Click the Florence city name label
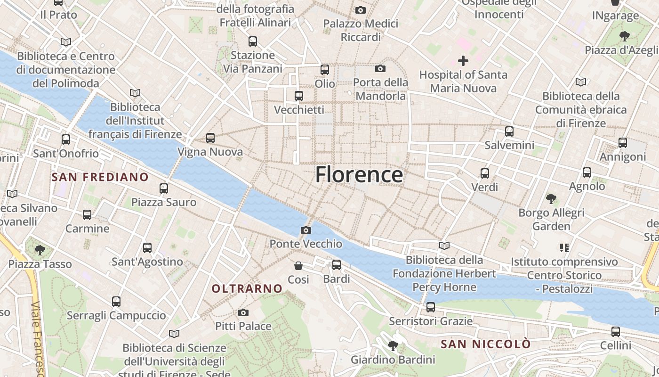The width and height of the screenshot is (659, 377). [359, 174]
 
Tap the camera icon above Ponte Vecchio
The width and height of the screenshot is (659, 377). [306, 230]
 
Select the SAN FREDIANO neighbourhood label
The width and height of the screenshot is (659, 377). [100, 177]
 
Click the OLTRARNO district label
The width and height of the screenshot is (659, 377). [247, 288]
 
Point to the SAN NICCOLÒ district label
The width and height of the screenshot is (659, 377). [485, 344]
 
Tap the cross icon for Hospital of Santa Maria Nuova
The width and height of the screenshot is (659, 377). [463, 61]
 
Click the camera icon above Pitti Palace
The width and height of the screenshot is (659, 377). [243, 312]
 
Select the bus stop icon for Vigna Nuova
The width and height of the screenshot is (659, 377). [210, 138]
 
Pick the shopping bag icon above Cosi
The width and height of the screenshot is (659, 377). [298, 266]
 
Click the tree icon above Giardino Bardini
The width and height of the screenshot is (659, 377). [393, 346]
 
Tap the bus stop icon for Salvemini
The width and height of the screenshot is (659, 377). [509, 131]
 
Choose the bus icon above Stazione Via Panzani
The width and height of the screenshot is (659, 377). [253, 41]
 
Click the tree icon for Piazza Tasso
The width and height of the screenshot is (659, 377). [40, 250]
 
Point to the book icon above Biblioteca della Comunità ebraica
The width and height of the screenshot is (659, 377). [581, 82]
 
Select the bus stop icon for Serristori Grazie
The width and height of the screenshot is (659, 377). [430, 308]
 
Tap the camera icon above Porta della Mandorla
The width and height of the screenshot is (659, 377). [380, 69]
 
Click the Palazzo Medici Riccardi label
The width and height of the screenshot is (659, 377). [361, 30]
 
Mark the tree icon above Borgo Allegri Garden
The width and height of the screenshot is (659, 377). [551, 199]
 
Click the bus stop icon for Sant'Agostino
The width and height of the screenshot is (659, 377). [147, 248]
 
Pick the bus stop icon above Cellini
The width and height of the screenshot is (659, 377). [615, 332]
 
